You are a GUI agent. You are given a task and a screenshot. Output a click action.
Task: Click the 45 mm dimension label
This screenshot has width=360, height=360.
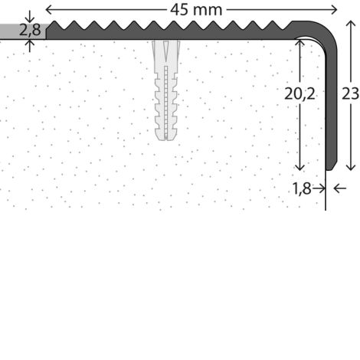coord(196,10)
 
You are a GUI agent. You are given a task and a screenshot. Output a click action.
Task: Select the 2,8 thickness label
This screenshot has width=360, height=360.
coord(30,30)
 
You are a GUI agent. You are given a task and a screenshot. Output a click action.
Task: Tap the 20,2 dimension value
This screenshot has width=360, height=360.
coord(299,93)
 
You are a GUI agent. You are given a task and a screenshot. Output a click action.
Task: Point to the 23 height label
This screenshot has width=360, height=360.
coord(350,93)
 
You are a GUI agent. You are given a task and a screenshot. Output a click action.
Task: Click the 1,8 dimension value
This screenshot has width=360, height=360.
coord(302,188)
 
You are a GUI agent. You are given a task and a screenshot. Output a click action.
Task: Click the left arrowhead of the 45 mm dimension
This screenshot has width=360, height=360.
coord(48,10)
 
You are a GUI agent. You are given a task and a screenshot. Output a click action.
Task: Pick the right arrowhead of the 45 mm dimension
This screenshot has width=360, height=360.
coord(334,10)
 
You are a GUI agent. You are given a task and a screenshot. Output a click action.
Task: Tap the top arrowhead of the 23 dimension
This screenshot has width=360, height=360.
coord(351,24)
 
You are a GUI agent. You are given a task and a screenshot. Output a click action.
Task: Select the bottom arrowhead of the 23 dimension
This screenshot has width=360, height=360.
coord(351,168)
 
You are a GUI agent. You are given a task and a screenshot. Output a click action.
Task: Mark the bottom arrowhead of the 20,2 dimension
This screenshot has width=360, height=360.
coord(299,168)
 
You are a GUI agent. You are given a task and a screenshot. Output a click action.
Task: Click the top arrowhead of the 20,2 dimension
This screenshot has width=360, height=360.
coord(299,43)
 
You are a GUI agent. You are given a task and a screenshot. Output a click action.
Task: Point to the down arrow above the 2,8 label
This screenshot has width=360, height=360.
coord(30,16)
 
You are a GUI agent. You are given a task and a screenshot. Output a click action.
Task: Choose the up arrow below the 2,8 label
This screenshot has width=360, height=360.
coord(30,46)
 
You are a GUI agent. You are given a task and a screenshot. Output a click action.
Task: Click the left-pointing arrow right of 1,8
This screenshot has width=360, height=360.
coord(340,188)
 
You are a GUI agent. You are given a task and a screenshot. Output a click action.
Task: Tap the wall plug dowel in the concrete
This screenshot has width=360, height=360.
coord(166,90)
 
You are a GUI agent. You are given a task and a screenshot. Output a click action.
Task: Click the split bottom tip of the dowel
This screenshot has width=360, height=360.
coord(166,139)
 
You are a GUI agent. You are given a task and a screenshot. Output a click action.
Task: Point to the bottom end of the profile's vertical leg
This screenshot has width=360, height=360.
coord(332,169)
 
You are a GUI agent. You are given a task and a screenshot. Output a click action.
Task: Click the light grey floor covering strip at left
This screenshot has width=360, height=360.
coord(23,31)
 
